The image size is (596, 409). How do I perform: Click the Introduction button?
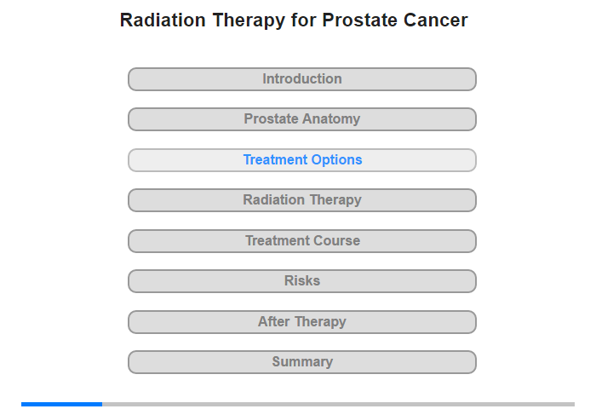pyautogui.click(x=302, y=79)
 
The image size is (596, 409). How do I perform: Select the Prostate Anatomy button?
pyautogui.click(x=302, y=119)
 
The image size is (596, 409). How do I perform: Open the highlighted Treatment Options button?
pyautogui.click(x=302, y=160)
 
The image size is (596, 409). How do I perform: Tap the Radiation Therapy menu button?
pyautogui.click(x=302, y=200)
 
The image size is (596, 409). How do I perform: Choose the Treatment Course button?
pyautogui.click(x=302, y=241)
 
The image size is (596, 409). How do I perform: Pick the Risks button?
pyautogui.click(x=302, y=281)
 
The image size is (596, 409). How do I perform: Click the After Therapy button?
pyautogui.click(x=302, y=322)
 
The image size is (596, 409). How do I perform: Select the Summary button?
pyautogui.click(x=302, y=362)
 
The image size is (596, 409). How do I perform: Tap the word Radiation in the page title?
pyautogui.click(x=163, y=20)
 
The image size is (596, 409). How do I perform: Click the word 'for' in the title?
pyautogui.click(x=304, y=20)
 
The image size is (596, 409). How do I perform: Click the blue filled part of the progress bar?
pyautogui.click(x=61, y=404)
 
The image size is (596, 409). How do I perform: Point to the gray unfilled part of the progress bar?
pyautogui.click(x=338, y=404)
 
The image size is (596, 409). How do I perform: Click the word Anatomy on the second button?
pyautogui.click(x=331, y=119)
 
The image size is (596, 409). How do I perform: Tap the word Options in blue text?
pyautogui.click(x=337, y=160)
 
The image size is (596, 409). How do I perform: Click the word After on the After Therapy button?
pyautogui.click(x=273, y=321)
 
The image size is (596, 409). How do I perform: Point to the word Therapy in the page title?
pyautogui.click(x=249, y=20)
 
